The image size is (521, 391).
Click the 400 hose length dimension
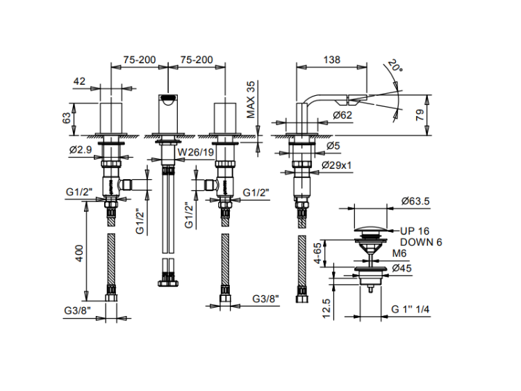pos(79,255)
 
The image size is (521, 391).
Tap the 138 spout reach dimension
pos(331,60)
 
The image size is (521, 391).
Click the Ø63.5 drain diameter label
pos(415,201)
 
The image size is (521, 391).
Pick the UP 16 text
pos(415,231)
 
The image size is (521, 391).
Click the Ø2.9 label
pos(82,150)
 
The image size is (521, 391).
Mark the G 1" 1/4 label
pos(411,309)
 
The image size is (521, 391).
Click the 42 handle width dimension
pos(78,81)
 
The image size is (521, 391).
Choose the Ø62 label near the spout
pos(342,115)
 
